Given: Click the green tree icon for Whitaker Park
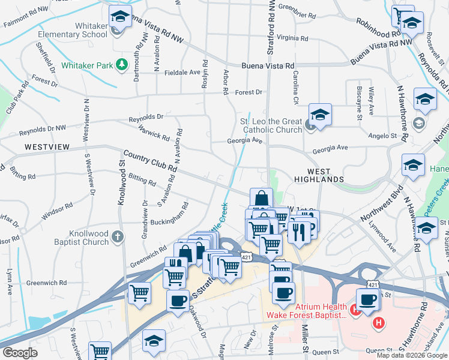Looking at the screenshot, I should coord(122,64).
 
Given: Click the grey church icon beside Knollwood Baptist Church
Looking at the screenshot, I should coord(118,236).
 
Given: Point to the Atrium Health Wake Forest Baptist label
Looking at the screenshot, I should coord(307,310).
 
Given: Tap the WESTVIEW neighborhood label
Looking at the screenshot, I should coord(47,146).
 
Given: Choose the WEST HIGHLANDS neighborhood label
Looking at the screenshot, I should coord(319,179).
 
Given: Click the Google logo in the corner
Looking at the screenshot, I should coord(20,353).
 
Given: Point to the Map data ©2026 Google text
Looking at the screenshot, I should coord(411,355).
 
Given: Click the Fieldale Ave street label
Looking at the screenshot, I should coord(182,72).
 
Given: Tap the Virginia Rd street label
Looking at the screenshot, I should coord(292,38).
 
